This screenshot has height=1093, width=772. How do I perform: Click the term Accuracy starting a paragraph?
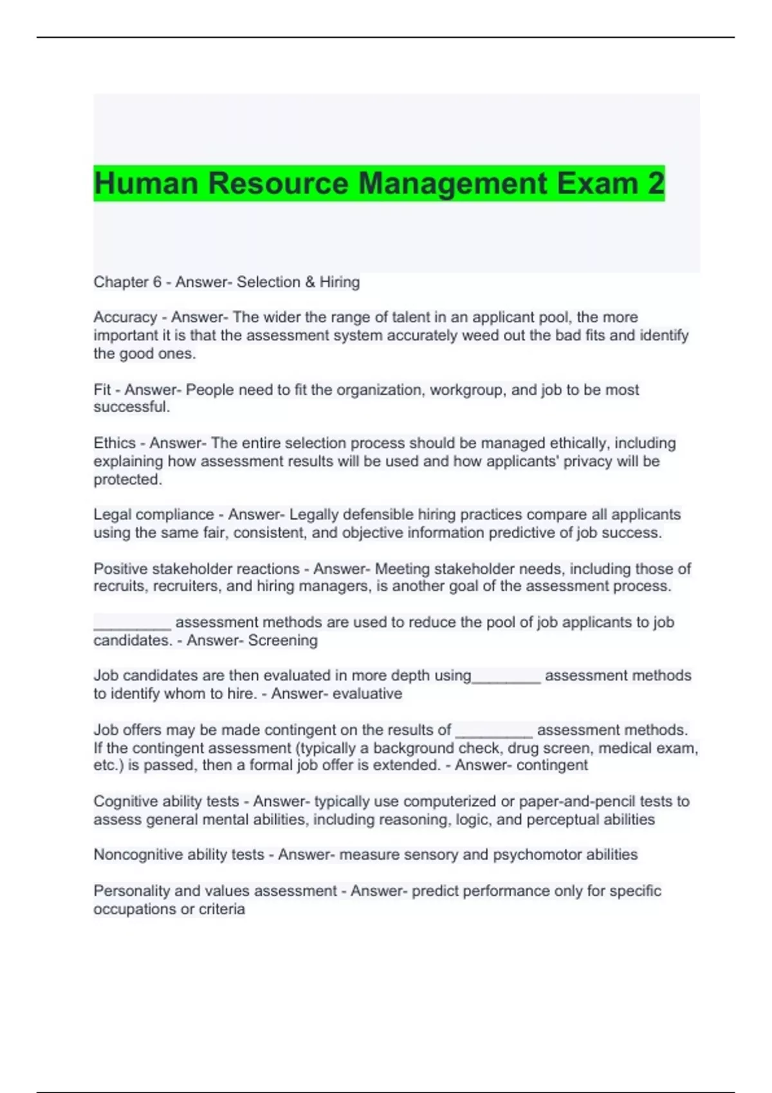click(125, 318)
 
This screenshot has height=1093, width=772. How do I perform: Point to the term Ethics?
click(115, 444)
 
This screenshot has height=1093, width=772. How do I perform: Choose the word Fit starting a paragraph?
click(102, 390)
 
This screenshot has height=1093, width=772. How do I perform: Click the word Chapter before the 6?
click(119, 282)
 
